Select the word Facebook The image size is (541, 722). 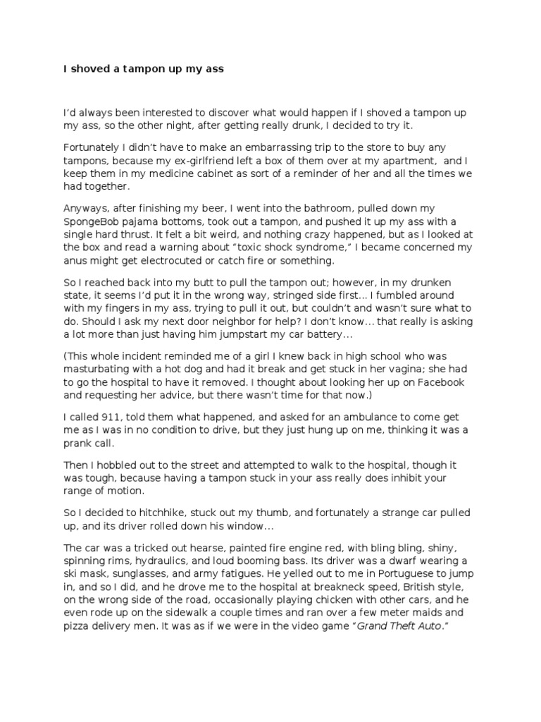[x=440, y=382]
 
